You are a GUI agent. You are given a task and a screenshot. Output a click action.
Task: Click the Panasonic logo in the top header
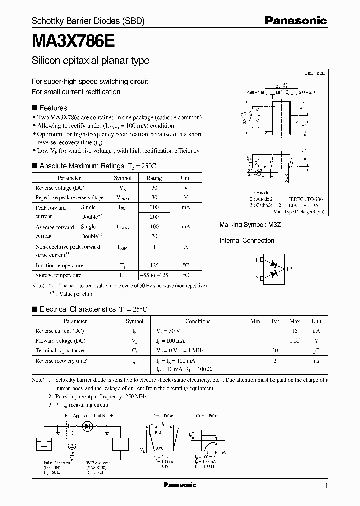point(295,21)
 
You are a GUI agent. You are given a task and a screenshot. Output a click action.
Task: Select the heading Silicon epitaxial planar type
point(90,61)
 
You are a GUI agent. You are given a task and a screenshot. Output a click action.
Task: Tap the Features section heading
point(53,108)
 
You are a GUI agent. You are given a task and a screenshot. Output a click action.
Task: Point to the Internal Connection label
point(247,240)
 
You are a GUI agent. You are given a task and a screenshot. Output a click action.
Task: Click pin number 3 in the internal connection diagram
point(291,269)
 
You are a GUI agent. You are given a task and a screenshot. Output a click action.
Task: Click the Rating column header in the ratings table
point(154,178)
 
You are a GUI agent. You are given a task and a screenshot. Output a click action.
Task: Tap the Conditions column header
point(197,321)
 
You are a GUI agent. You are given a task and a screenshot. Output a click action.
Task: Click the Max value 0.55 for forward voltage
point(294,340)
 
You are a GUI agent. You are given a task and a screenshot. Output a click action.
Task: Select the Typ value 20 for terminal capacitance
point(274,350)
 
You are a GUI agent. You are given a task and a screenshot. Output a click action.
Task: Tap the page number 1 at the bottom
point(326,485)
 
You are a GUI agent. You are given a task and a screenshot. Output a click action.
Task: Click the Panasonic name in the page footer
point(180,485)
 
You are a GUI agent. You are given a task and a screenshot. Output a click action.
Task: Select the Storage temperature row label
point(58,275)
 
